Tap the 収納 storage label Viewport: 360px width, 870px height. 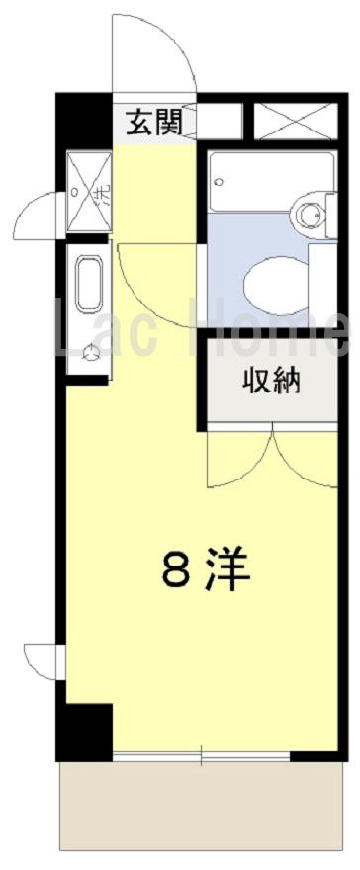point(271,382)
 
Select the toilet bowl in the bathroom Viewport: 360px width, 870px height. point(276,285)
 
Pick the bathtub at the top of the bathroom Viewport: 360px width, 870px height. point(272,181)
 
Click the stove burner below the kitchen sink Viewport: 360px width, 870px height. point(89,352)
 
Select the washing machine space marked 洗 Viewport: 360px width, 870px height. point(88,192)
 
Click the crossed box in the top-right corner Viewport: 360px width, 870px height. point(296,121)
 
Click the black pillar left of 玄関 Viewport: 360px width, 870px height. point(84,120)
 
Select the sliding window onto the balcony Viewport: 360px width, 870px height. point(202,755)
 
